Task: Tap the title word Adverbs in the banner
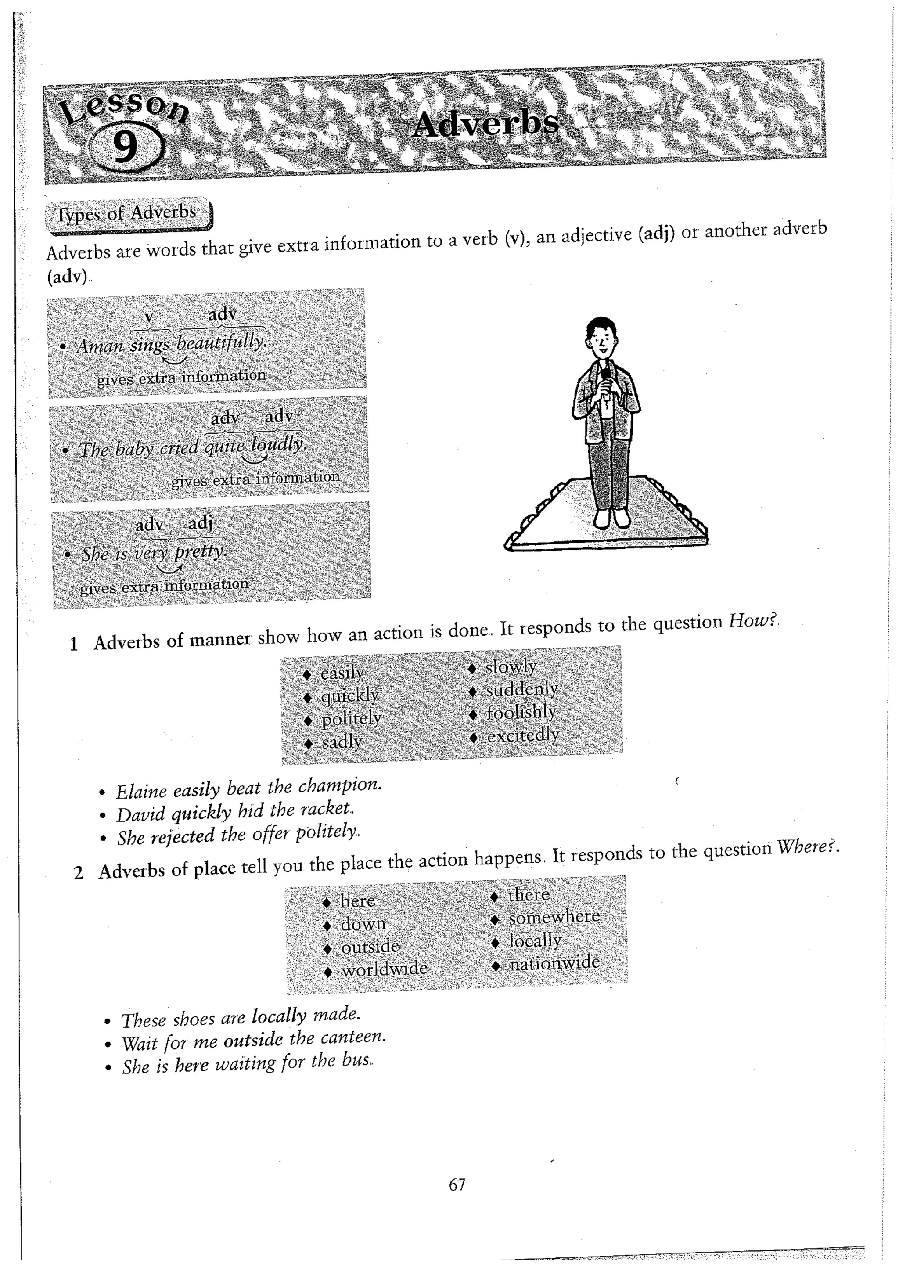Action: (485, 123)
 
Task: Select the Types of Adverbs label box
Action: (127, 214)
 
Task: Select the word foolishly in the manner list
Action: (521, 713)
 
